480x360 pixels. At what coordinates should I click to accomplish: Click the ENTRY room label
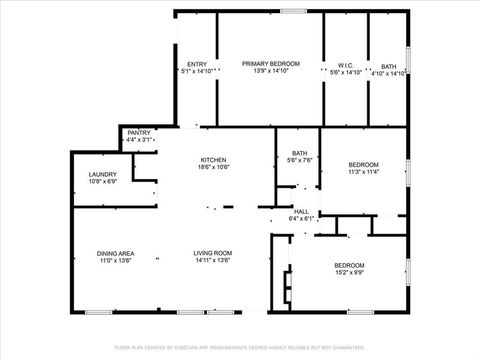pyautogui.click(x=197, y=64)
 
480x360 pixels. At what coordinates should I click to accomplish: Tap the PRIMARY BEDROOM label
pyautogui.click(x=271, y=64)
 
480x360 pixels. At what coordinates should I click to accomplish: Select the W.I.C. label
pyautogui.click(x=346, y=64)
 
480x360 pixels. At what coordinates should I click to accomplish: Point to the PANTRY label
pyautogui.click(x=139, y=133)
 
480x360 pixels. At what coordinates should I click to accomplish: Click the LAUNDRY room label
pyautogui.click(x=103, y=174)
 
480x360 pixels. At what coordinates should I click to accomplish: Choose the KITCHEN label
pyautogui.click(x=213, y=160)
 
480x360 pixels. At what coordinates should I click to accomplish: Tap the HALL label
pyautogui.click(x=301, y=211)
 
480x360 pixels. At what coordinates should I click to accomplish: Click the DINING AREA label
pyautogui.click(x=116, y=253)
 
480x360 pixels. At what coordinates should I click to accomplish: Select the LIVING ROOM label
pyautogui.click(x=213, y=253)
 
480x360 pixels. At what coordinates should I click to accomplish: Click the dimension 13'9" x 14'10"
pyautogui.click(x=271, y=72)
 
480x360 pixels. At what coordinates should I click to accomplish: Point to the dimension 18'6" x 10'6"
pyautogui.click(x=213, y=168)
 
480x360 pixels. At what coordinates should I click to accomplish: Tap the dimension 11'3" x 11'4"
pyautogui.click(x=363, y=172)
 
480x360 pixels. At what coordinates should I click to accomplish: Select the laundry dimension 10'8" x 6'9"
pyautogui.click(x=103, y=182)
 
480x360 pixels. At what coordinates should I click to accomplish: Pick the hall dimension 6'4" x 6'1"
pyautogui.click(x=301, y=218)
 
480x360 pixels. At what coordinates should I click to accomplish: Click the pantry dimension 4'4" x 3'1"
pyautogui.click(x=139, y=140)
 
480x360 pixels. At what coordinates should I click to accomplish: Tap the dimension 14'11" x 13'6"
pyautogui.click(x=213, y=261)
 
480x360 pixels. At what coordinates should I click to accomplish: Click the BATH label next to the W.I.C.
pyautogui.click(x=388, y=64)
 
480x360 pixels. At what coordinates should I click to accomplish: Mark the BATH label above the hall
pyautogui.click(x=299, y=152)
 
